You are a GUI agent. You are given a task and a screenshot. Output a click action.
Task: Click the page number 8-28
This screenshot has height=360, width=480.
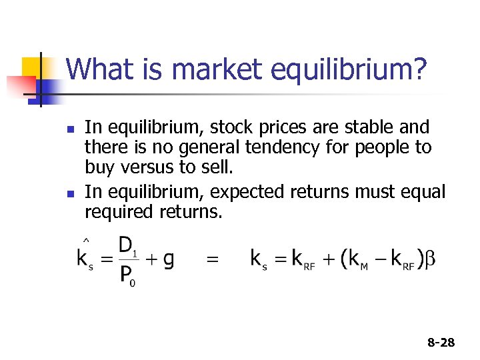[x=441, y=343]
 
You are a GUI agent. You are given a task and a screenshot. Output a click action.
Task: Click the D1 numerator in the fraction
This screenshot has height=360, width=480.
[x=127, y=246]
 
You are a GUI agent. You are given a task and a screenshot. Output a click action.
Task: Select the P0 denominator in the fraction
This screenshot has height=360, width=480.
[x=127, y=275]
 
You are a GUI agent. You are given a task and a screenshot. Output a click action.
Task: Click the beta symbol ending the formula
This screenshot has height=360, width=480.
[x=431, y=259]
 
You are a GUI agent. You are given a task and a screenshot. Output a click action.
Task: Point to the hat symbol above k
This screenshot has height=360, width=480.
[x=87, y=240]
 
